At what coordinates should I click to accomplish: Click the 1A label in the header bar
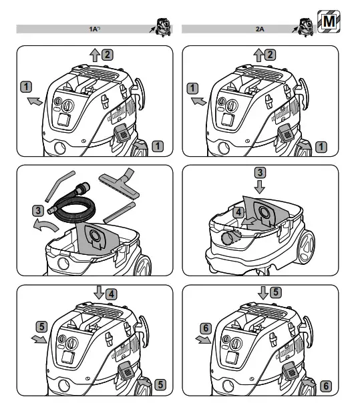(x=94, y=29)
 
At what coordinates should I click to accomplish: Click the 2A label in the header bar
(x=260, y=29)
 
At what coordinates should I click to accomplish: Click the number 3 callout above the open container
(x=259, y=173)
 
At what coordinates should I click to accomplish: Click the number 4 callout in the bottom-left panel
(x=110, y=292)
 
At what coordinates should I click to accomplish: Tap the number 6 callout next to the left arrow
(x=206, y=327)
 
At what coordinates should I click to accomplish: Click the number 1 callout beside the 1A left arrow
(x=25, y=86)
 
